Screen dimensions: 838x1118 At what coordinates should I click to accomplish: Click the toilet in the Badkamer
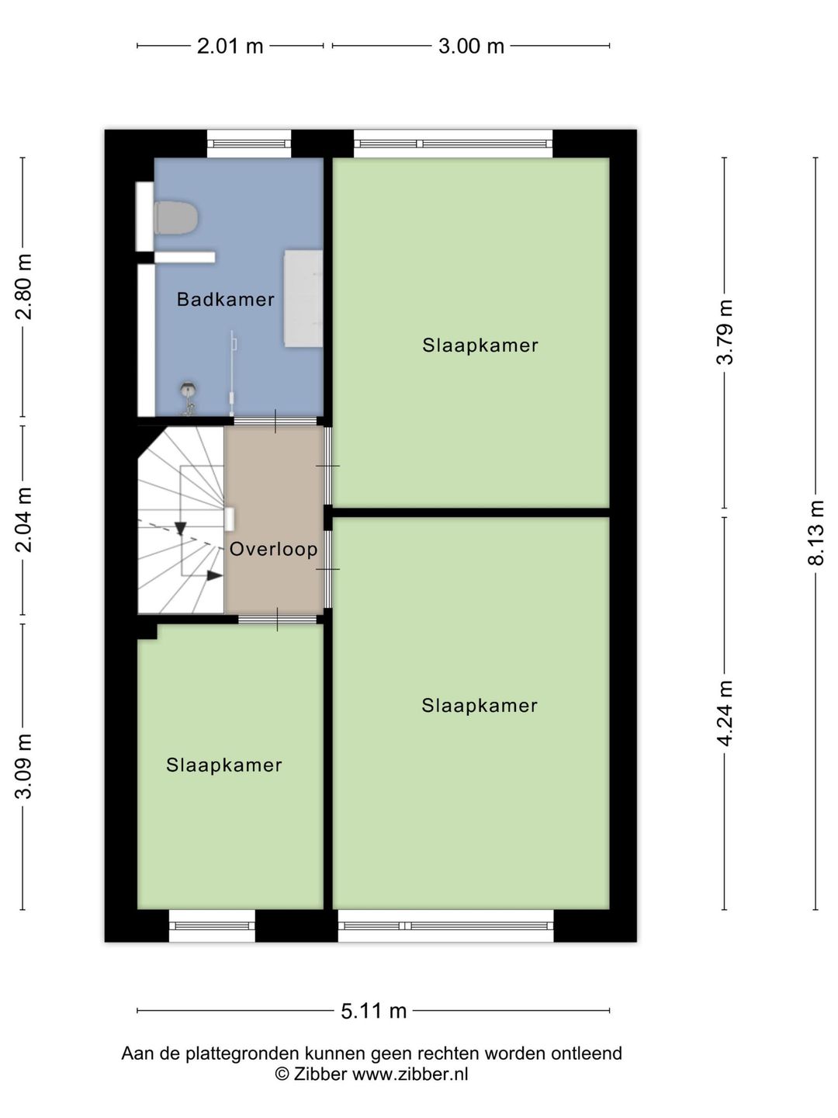[175, 217]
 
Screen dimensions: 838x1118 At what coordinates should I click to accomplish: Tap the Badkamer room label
[225, 299]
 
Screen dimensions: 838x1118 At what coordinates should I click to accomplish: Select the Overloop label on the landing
[274, 549]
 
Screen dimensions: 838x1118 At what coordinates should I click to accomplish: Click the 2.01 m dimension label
[230, 47]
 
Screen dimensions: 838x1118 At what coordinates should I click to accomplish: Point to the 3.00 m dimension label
[471, 47]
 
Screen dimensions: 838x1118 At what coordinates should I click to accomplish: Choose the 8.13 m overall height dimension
[815, 533]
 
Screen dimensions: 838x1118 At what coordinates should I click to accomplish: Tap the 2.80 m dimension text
[23, 286]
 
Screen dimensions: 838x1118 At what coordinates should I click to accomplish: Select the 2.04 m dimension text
[23, 520]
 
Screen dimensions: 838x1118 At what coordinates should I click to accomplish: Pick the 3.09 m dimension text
[23, 766]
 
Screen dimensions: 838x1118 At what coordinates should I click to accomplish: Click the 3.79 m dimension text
[725, 332]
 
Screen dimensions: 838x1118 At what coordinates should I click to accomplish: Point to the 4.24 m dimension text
[725, 713]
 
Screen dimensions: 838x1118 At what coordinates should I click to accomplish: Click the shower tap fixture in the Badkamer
[189, 398]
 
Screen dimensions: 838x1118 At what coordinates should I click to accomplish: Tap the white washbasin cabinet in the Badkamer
[303, 298]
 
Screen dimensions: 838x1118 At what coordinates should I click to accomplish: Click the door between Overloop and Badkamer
[275, 422]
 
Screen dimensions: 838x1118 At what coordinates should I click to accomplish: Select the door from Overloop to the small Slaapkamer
[277, 620]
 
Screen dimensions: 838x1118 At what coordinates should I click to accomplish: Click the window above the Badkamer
[249, 144]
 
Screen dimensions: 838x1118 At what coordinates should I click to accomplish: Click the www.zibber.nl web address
[410, 1075]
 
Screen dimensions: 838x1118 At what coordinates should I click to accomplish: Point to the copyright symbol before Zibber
[282, 1075]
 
